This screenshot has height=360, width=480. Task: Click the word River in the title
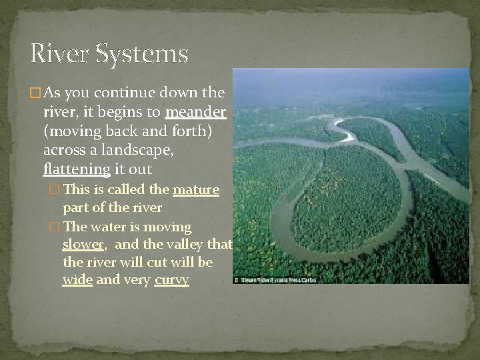61,53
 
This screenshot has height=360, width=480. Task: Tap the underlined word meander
198,110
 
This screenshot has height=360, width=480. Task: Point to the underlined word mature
196,190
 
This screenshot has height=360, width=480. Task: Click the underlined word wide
77,279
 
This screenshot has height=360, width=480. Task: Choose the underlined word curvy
171,279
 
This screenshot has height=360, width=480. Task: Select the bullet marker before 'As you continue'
36,92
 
